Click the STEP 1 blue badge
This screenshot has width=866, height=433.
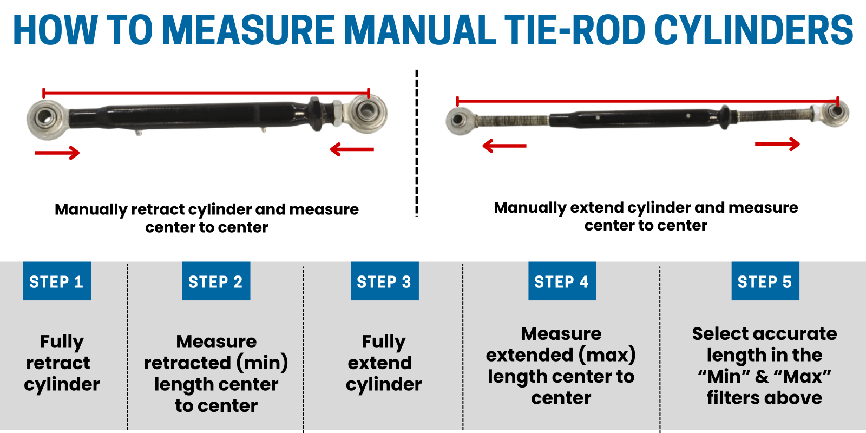pos(57,281)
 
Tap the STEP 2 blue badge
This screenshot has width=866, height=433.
pos(216,281)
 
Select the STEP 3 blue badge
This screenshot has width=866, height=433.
pos(384,281)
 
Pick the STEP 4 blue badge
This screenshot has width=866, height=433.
pos(562,281)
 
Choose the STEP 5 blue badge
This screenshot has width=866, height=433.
pos(765,281)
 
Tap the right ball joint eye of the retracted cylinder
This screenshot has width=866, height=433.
pos(368,112)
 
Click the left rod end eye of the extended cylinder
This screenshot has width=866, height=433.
pos(458,121)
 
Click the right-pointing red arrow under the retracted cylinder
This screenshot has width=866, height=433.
pos(57,153)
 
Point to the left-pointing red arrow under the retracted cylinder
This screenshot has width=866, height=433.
pos(352,149)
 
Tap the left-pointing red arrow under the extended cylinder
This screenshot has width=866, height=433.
pos(504,146)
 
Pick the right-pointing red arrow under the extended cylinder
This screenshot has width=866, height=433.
pos(777,144)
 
